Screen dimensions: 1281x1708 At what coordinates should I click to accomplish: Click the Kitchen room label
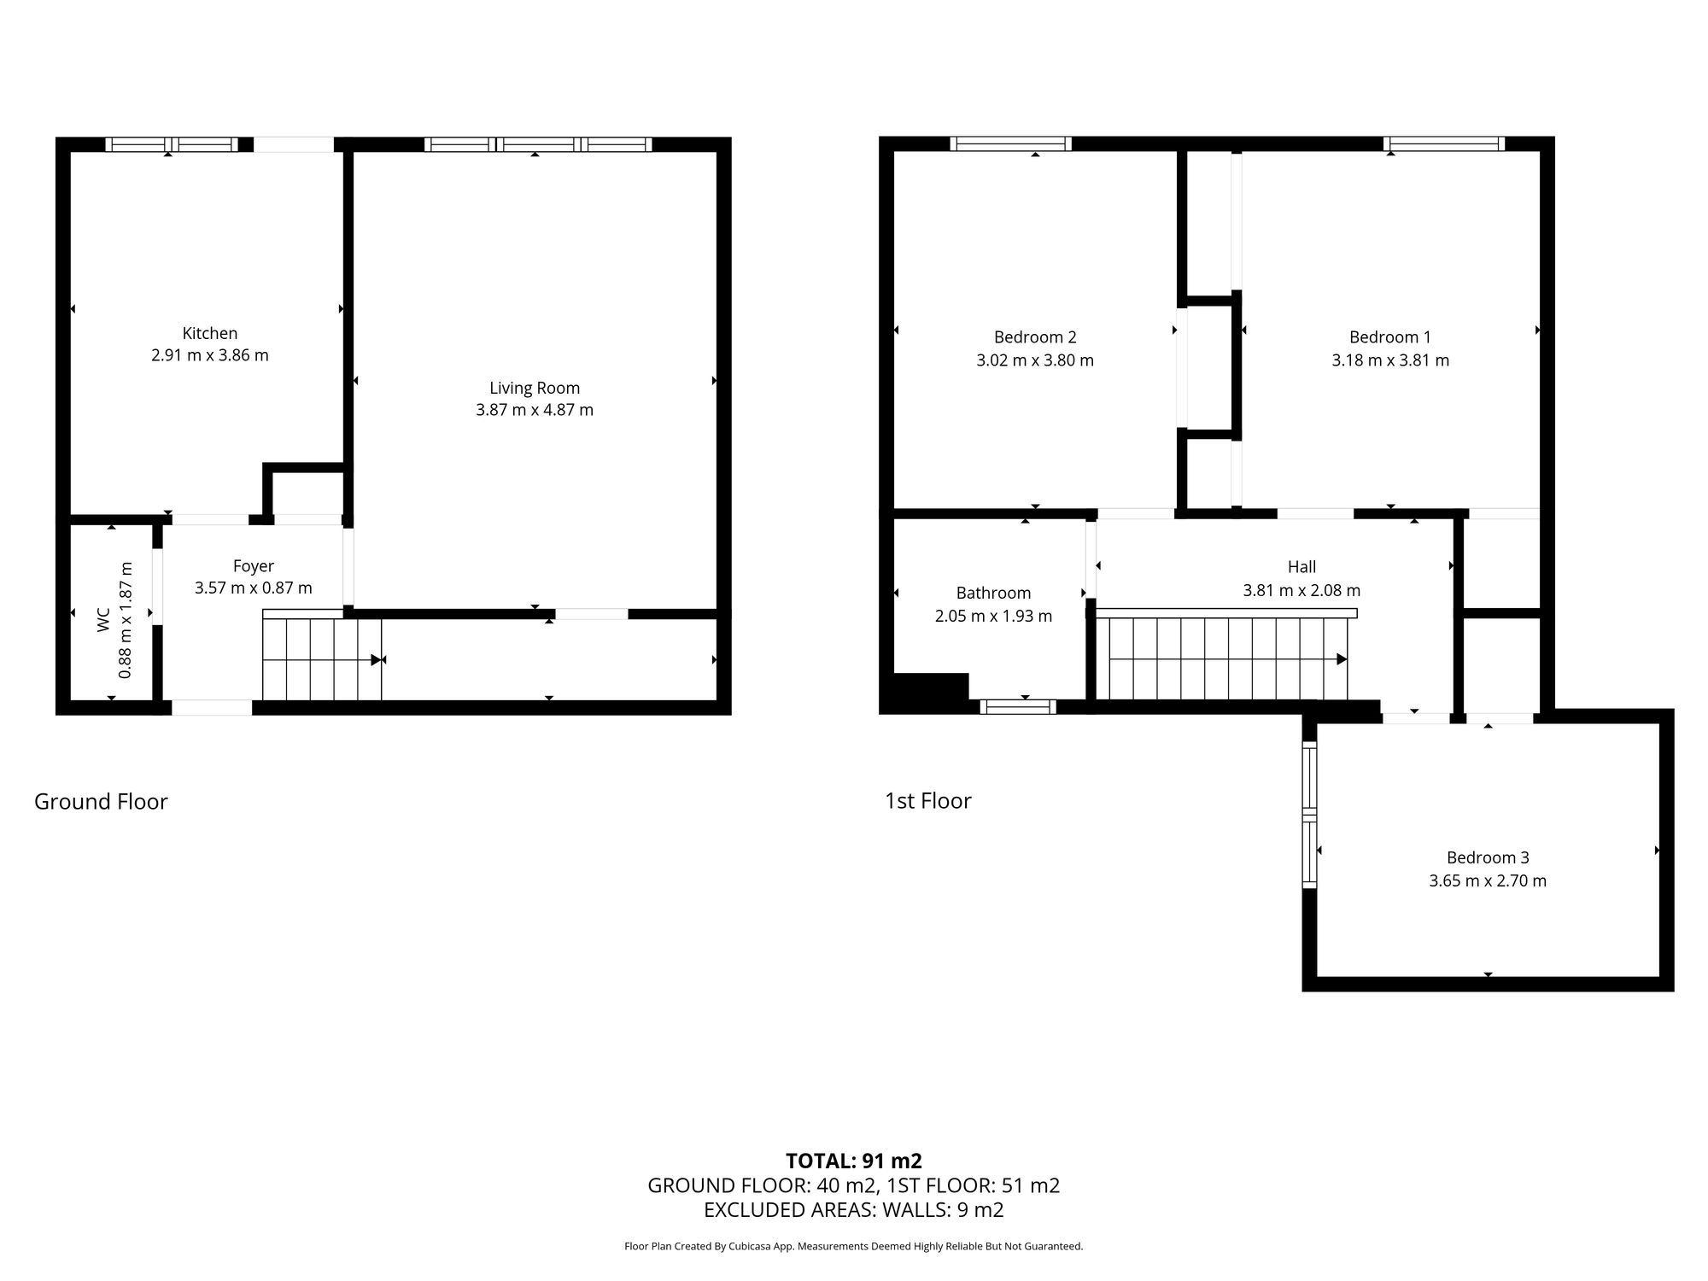(210, 333)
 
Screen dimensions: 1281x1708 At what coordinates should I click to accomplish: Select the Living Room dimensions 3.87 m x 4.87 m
(535, 410)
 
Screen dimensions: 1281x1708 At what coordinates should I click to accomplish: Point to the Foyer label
(254, 565)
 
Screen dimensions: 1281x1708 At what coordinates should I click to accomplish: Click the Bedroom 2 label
(1035, 336)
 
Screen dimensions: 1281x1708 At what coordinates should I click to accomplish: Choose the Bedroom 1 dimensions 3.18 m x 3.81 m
(1390, 360)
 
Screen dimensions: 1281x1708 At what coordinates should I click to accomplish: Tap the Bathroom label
(993, 593)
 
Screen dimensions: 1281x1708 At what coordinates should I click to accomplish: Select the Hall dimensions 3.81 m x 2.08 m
(1301, 590)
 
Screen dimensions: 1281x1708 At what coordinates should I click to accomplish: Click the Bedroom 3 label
(1488, 857)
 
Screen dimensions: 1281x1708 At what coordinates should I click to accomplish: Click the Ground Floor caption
(101, 801)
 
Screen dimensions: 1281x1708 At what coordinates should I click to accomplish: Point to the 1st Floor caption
(928, 800)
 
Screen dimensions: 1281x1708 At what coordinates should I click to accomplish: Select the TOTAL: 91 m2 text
(854, 1161)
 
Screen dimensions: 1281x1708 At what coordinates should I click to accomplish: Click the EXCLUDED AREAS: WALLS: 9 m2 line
(854, 1209)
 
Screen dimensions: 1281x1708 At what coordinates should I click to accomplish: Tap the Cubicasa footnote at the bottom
(854, 1246)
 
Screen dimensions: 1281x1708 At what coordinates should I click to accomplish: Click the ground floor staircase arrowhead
(376, 660)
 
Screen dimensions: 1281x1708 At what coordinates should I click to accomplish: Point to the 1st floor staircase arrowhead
(1342, 659)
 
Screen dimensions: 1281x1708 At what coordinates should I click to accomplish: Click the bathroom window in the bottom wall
(1018, 706)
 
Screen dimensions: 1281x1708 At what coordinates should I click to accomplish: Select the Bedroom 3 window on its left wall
(1309, 815)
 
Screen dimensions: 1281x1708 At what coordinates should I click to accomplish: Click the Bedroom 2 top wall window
(1010, 143)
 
